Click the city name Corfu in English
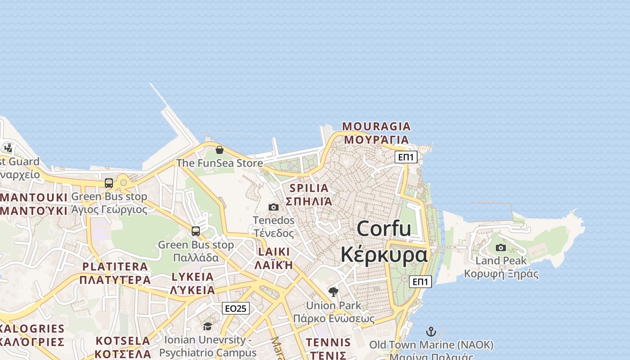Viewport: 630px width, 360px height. [x=383, y=229]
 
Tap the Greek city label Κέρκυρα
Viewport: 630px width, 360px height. [x=383, y=255]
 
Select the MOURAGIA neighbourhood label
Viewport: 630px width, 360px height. [x=376, y=126]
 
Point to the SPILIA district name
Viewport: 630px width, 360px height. [x=309, y=188]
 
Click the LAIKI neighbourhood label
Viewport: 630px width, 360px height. [x=274, y=252]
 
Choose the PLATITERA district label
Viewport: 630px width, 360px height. [x=115, y=266]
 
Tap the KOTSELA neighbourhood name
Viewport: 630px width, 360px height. [x=123, y=341]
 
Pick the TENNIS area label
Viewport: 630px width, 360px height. [x=328, y=342]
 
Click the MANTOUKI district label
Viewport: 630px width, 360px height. [x=34, y=198]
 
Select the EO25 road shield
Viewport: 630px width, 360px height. [x=236, y=308]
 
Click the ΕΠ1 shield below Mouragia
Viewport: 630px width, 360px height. [x=406, y=157]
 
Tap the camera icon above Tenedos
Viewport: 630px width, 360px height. [x=274, y=207]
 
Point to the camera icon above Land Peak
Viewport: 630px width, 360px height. [x=500, y=247]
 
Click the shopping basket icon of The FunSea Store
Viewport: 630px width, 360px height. [x=220, y=150]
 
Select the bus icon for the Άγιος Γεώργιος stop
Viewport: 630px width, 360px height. [x=109, y=183]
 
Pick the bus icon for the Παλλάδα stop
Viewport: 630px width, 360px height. [x=196, y=231]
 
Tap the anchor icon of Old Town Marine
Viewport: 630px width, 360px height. [x=431, y=332]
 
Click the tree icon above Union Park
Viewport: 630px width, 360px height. [x=333, y=292]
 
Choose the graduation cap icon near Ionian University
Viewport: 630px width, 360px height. [x=207, y=326]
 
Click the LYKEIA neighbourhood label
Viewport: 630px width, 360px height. [x=193, y=277]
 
